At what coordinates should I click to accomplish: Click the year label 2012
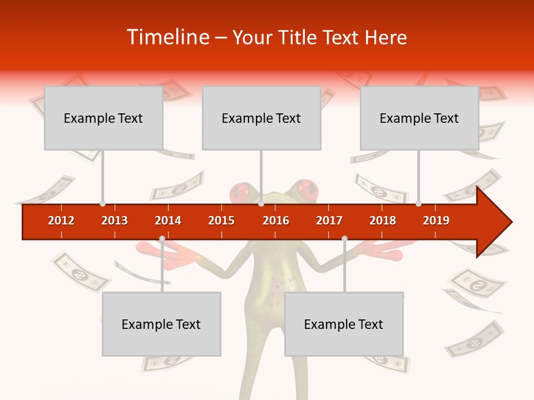pyautogui.click(x=61, y=221)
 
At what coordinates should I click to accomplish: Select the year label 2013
pyautogui.click(x=115, y=221)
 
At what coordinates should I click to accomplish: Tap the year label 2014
pyautogui.click(x=168, y=221)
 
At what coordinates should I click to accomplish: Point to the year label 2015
pyautogui.click(x=221, y=221)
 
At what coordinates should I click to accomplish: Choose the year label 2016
pyautogui.click(x=276, y=221)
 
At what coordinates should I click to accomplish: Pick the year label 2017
pyautogui.click(x=329, y=221)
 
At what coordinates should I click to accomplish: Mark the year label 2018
pyautogui.click(x=383, y=221)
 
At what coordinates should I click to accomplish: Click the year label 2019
pyautogui.click(x=436, y=221)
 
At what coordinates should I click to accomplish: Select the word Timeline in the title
pyautogui.click(x=167, y=37)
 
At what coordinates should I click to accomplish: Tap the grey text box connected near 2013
pyautogui.click(x=103, y=118)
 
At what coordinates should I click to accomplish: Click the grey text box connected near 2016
pyautogui.click(x=261, y=118)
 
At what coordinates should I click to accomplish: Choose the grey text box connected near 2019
pyautogui.click(x=419, y=118)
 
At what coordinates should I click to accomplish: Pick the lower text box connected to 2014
pyautogui.click(x=161, y=324)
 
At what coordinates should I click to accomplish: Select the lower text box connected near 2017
pyautogui.click(x=344, y=324)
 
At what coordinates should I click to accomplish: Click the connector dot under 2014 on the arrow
pyautogui.click(x=162, y=239)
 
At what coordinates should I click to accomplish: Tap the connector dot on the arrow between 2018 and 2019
pyautogui.click(x=418, y=204)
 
